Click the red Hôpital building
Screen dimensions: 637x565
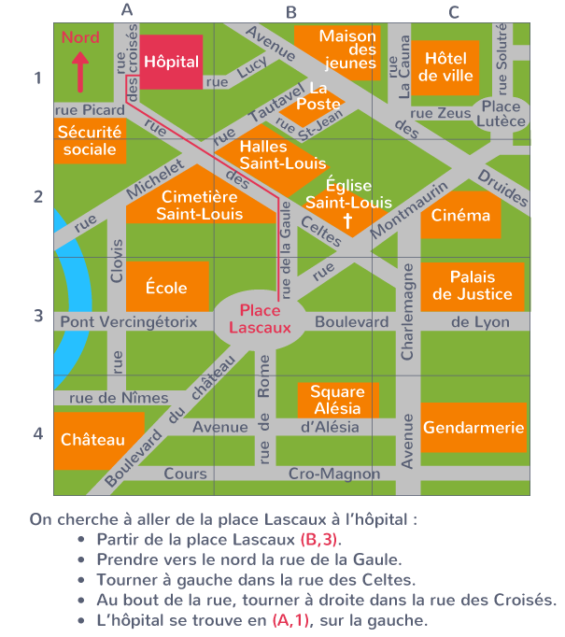click(172, 63)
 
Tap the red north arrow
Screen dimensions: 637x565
click(79, 71)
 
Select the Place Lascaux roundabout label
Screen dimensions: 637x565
click(261, 319)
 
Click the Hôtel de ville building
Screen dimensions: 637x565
click(446, 67)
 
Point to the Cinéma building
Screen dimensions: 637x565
click(460, 216)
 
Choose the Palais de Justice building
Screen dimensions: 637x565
click(472, 286)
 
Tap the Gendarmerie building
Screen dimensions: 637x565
click(473, 428)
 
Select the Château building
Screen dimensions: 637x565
click(92, 440)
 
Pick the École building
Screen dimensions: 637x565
click(166, 288)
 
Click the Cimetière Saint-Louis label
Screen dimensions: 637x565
click(200, 205)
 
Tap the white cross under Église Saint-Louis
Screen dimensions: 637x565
click(347, 221)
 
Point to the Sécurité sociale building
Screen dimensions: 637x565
click(90, 141)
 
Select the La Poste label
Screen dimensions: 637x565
click(318, 96)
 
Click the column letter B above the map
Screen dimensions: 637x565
click(290, 12)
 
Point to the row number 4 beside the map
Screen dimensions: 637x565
click(38, 433)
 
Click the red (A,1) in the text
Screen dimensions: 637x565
click(288, 620)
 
